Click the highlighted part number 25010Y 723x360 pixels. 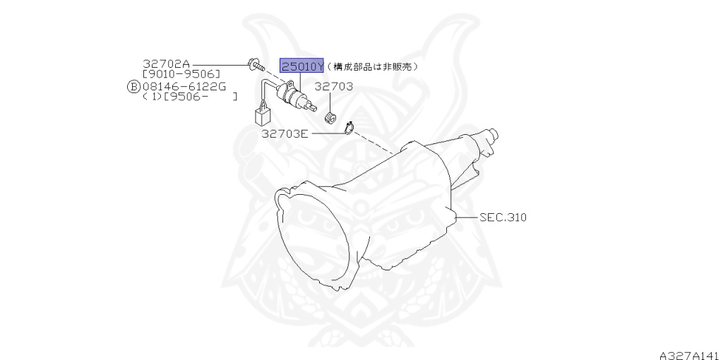click(x=302, y=66)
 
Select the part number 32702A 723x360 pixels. click(x=167, y=64)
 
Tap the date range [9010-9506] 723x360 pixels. click(x=181, y=74)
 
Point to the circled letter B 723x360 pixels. click(x=133, y=86)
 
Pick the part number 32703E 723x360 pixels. click(x=285, y=133)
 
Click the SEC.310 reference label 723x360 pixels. click(x=503, y=217)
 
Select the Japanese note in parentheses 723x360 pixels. click(x=373, y=66)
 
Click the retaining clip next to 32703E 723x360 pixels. click(x=348, y=128)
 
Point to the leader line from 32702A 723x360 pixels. click(x=219, y=64)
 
